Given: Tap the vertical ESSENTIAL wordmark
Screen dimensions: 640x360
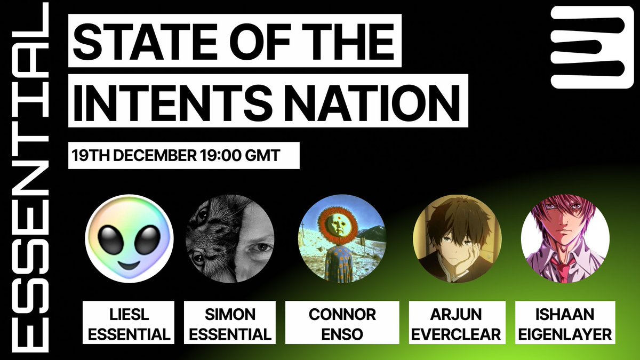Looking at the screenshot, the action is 30,178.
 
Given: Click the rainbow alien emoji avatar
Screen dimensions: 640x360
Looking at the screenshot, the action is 129,239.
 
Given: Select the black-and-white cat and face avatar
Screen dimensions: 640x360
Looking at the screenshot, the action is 230,239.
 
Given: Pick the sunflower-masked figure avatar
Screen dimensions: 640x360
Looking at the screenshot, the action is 342,239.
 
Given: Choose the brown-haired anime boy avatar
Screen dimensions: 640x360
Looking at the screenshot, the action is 457,239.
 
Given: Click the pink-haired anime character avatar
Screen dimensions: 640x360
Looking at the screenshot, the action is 565,239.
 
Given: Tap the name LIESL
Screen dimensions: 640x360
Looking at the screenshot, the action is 129,315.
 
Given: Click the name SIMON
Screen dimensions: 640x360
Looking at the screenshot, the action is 230,315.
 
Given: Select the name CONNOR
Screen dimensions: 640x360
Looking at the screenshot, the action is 342,315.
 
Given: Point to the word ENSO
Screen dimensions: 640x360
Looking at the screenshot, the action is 342,334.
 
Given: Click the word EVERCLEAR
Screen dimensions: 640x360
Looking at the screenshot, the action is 456,334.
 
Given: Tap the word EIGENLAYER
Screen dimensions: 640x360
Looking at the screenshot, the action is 565,334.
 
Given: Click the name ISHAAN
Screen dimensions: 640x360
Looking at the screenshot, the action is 565,315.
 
